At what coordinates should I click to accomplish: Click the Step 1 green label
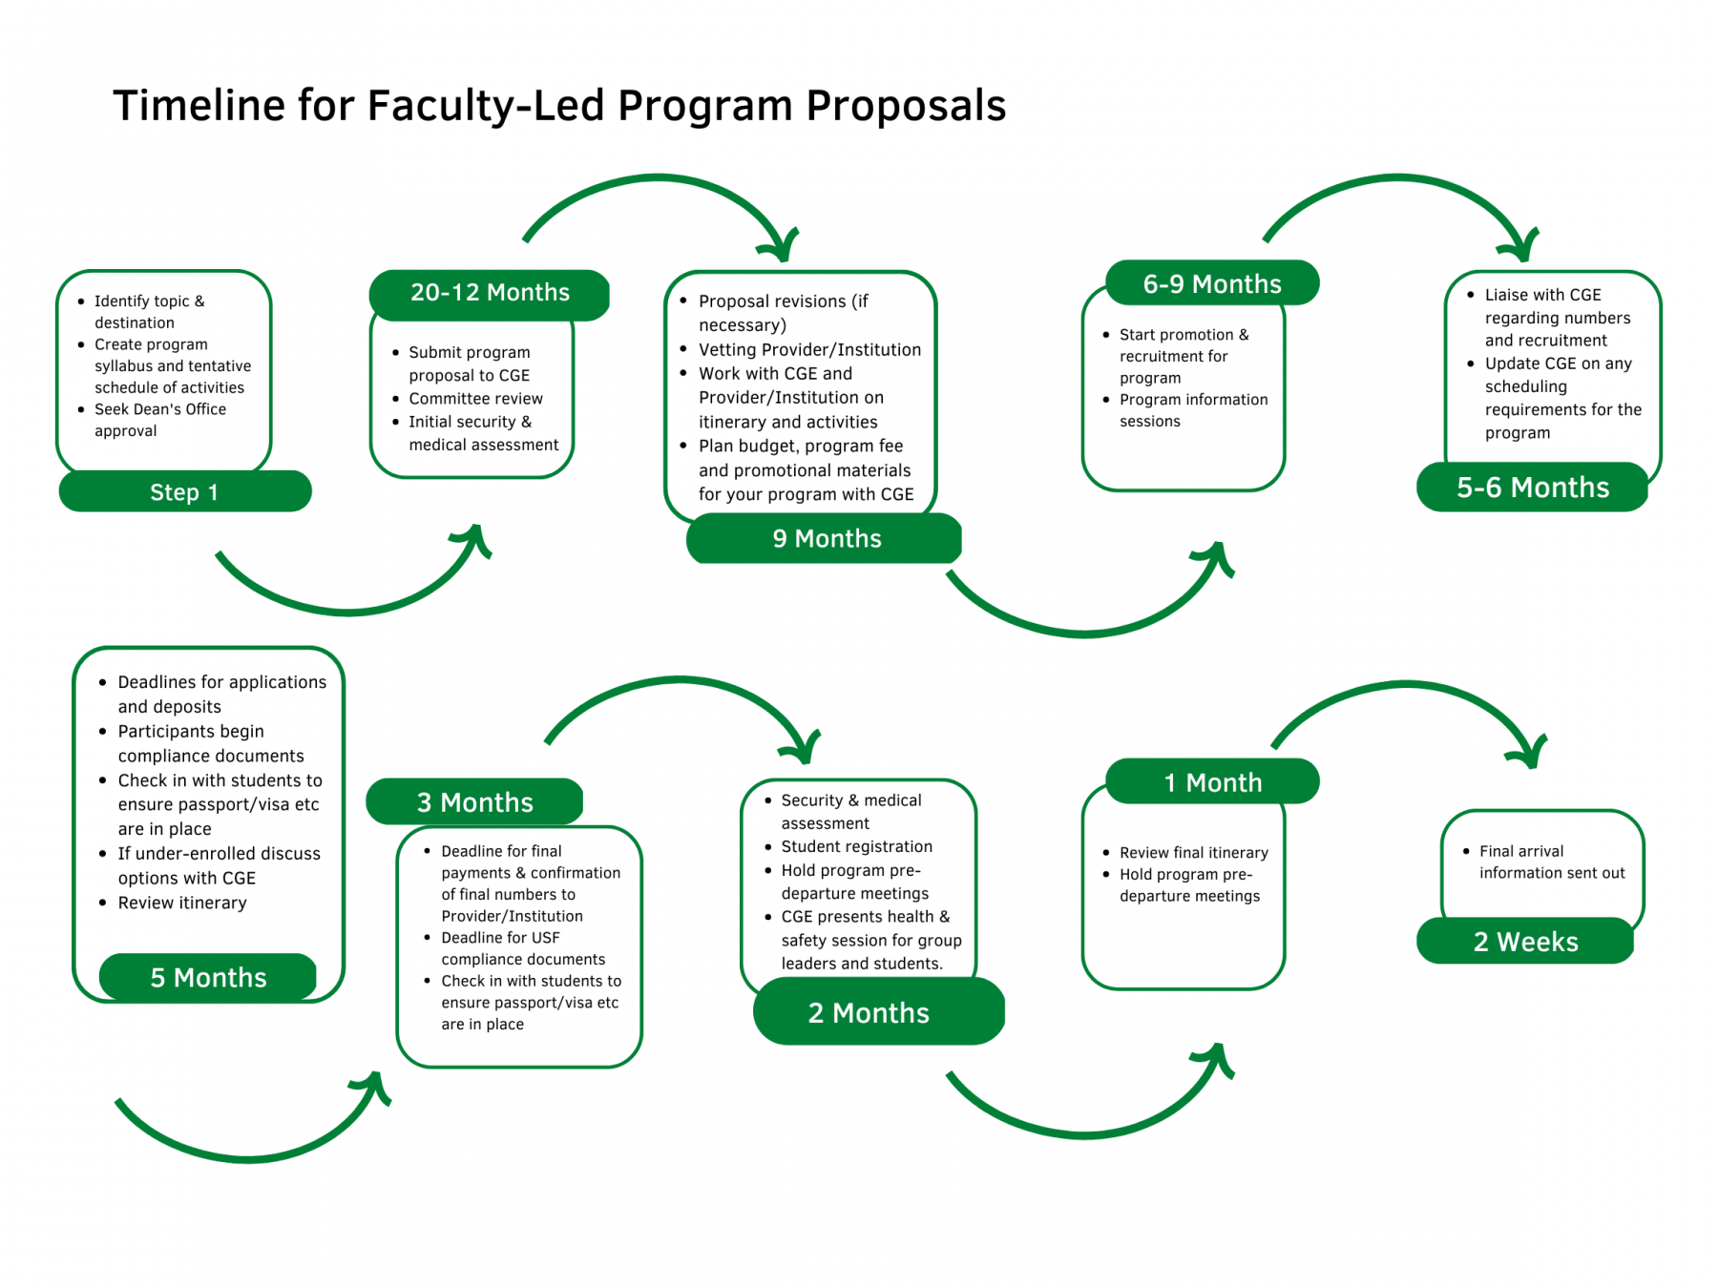pos(184,492)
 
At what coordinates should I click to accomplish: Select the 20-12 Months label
pos(490,293)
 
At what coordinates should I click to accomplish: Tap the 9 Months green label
pos(826,539)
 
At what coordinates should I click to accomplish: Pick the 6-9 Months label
pos(1211,284)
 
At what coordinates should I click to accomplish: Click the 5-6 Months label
pos(1532,488)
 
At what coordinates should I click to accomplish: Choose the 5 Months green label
pos(208,978)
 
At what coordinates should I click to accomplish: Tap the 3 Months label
pos(474,802)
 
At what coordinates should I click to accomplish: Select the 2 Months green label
pos(869,1013)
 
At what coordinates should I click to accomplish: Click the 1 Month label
pos(1212,783)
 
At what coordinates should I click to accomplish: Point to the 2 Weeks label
pos(1525,943)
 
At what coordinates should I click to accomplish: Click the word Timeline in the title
pos(199,106)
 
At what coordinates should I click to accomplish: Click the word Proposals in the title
pos(906,106)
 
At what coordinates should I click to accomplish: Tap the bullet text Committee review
pos(475,399)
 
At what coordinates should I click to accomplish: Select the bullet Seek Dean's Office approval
pos(159,420)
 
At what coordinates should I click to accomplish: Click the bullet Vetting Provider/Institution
pos(809,350)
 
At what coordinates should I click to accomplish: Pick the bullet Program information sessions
pos(1192,410)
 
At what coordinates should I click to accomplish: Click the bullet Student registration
pos(856,847)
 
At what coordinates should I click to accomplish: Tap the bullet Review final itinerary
pos(1193,853)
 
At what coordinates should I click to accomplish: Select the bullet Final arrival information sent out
pos(1551,862)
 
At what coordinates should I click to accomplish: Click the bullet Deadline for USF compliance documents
pos(522,948)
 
